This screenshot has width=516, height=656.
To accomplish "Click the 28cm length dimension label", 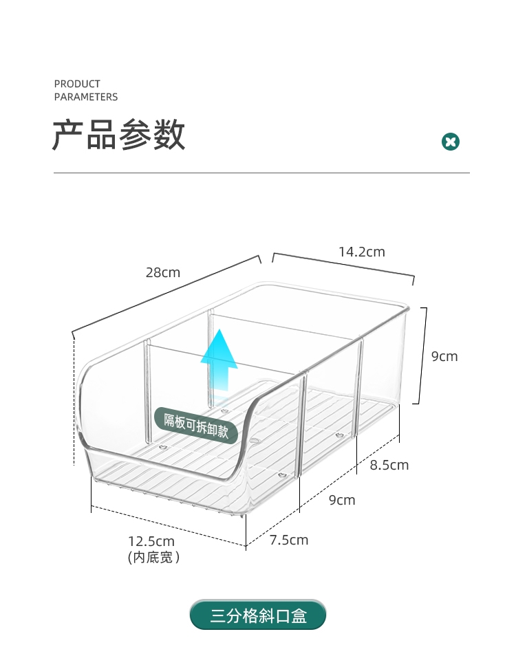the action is pyautogui.click(x=162, y=272).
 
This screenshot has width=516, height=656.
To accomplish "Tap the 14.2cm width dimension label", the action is pyautogui.click(x=361, y=252).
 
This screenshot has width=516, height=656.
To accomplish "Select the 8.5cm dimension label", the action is pyautogui.click(x=389, y=465).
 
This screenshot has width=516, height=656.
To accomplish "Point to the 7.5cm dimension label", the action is pyautogui.click(x=289, y=540).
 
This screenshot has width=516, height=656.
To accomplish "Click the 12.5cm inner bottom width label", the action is pyautogui.click(x=151, y=540).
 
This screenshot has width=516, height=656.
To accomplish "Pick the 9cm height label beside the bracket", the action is pyautogui.click(x=444, y=356).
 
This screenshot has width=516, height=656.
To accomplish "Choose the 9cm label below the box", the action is pyautogui.click(x=342, y=500).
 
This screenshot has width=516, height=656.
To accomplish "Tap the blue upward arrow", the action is pyautogui.click(x=219, y=364).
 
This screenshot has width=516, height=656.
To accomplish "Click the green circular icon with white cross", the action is pyautogui.click(x=450, y=142).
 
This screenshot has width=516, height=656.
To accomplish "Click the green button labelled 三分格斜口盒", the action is pyautogui.click(x=258, y=615).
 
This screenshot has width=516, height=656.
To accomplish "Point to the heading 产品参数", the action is pyautogui.click(x=119, y=135).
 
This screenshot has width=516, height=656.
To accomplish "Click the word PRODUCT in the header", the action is pyautogui.click(x=77, y=84).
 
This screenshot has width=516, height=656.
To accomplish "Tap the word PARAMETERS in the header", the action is pyautogui.click(x=86, y=97).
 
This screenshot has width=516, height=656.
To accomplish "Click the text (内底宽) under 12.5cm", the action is pyautogui.click(x=154, y=558).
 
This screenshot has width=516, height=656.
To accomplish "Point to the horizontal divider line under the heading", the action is pyautogui.click(x=261, y=173).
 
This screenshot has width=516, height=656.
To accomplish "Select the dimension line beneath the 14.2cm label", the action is pyautogui.click(x=344, y=265).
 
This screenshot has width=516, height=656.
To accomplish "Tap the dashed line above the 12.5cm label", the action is pyautogui.click(x=168, y=528).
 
